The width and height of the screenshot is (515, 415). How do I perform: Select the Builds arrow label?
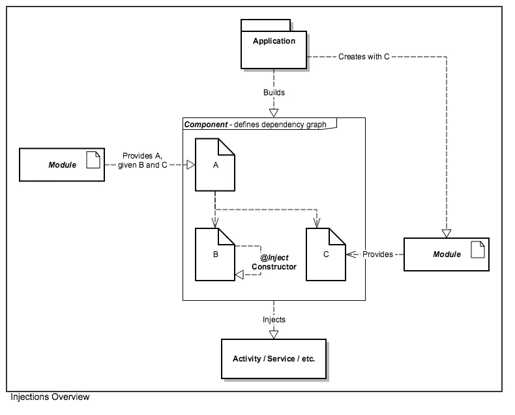[274, 93]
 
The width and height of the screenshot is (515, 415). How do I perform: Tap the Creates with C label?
[364, 57]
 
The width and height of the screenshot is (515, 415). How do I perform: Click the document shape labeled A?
[215, 166]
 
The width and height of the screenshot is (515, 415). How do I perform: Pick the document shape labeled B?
[215, 254]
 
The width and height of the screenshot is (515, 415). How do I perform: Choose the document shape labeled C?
[326, 254]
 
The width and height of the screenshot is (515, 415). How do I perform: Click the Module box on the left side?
[62, 164]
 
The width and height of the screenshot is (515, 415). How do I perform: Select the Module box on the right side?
[446, 254]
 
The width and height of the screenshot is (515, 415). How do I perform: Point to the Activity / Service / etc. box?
[274, 358]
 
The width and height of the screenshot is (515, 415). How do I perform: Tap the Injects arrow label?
[274, 320]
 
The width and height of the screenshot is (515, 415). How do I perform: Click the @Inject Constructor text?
[274, 262]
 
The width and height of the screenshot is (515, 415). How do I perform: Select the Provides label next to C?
[377, 254]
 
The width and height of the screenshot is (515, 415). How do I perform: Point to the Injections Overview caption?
[50, 397]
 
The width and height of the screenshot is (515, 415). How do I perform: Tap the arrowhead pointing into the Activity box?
[274, 334]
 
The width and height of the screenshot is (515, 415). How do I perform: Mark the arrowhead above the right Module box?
[447, 233]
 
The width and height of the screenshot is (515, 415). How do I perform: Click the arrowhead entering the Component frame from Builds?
[274, 112]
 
